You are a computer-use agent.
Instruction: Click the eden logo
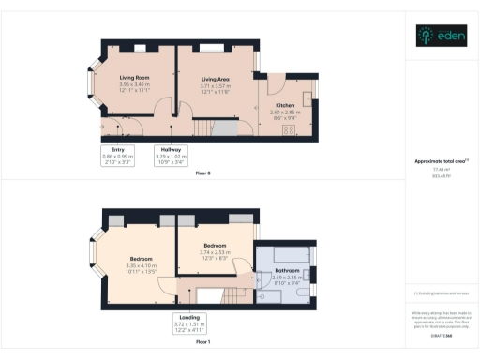click(442, 36)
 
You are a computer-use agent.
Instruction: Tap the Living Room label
click(136, 77)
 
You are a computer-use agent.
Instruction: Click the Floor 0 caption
click(202, 173)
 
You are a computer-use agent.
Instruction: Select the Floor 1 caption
click(202, 343)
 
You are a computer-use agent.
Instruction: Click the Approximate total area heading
click(441, 160)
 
